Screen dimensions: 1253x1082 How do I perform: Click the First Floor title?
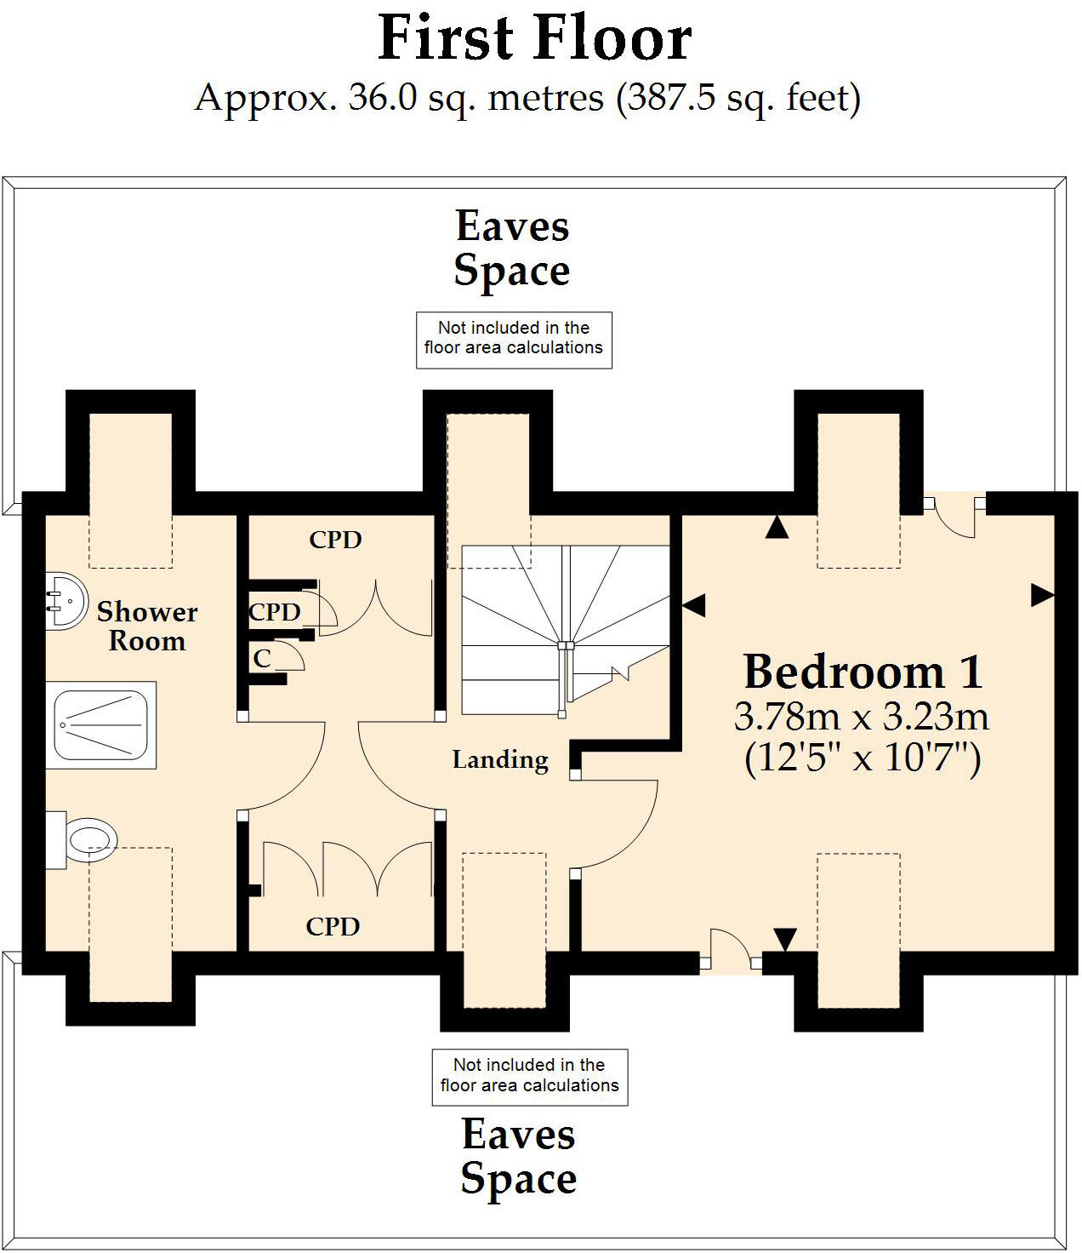[534, 39]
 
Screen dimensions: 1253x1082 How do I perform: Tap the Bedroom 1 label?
[863, 672]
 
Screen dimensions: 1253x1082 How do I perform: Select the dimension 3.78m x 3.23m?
[862, 717]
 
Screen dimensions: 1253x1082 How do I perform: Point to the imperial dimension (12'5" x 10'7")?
[863, 757]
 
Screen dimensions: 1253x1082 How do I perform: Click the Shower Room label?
[146, 626]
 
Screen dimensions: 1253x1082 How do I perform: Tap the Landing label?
[499, 759]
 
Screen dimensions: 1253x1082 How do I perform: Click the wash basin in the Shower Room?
[65, 601]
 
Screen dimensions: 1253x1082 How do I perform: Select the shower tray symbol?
[100, 725]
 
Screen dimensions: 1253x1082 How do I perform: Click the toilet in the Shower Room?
[85, 839]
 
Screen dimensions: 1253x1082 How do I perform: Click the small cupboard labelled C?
[262, 658]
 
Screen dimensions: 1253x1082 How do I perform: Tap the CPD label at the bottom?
[333, 926]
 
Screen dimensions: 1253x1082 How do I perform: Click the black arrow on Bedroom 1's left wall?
[694, 606]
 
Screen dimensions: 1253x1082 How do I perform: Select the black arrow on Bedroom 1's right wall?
[1042, 595]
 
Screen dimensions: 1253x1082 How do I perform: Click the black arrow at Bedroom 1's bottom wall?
[784, 939]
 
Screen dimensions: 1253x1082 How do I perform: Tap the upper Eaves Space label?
[512, 249]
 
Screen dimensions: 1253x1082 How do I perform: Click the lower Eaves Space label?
[518, 1156]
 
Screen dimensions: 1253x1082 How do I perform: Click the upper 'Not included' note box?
[514, 339]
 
